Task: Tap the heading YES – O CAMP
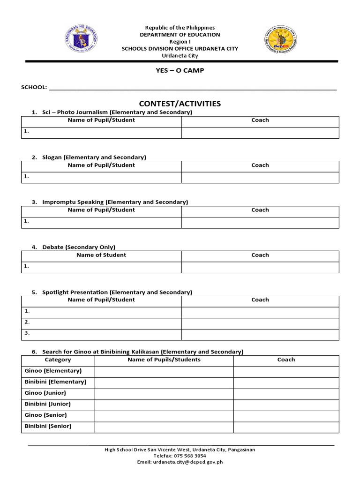click(x=180, y=70)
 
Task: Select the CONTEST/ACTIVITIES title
click(x=180, y=104)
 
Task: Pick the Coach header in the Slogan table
click(x=260, y=165)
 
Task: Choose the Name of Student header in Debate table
click(x=101, y=255)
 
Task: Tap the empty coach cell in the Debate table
click(x=260, y=267)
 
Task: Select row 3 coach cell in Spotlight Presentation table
click(x=260, y=334)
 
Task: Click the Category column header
click(x=58, y=360)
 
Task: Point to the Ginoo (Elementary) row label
click(x=52, y=371)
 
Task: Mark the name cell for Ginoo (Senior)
click(x=164, y=415)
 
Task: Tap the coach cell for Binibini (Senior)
click(x=286, y=427)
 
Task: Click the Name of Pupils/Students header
click(x=164, y=360)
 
